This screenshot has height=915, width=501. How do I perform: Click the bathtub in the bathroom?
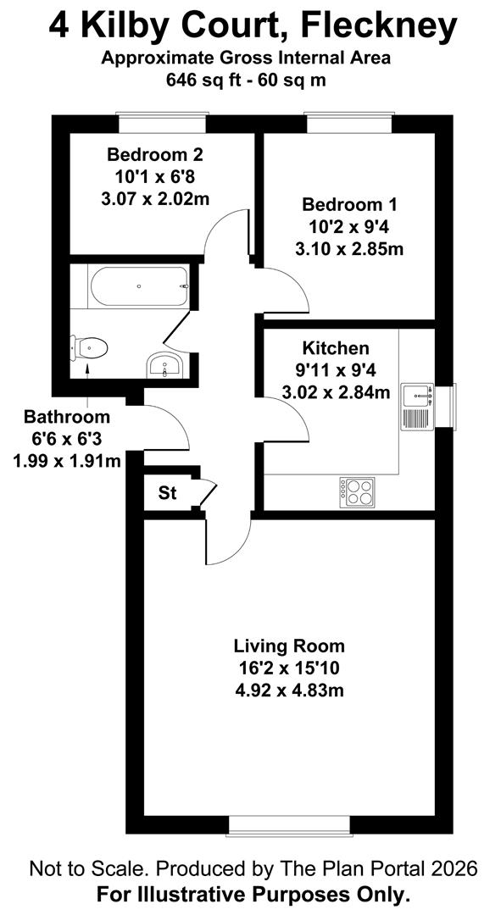(140, 286)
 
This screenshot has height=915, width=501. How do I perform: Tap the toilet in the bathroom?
(89, 348)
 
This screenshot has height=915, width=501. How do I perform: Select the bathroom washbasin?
(166, 365)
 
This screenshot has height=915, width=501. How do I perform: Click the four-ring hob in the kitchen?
(358, 491)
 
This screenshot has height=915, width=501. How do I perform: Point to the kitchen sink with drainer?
(416, 407)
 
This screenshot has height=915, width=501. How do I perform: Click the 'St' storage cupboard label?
(168, 494)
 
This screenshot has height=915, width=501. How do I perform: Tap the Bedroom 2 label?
(155, 155)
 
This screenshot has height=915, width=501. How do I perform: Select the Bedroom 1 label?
(349, 205)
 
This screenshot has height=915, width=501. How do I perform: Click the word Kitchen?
(336, 348)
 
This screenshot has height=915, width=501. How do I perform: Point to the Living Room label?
(289, 646)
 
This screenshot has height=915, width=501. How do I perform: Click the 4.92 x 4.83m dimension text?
(289, 691)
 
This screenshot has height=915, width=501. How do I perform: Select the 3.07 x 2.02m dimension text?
(155, 199)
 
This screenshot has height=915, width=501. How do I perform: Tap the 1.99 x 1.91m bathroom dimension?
(67, 462)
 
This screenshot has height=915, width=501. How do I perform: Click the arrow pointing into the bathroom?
(87, 385)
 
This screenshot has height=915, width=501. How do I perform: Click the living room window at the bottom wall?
(289, 826)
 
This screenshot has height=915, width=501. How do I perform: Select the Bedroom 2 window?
(162, 123)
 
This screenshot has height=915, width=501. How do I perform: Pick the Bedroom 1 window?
(349, 123)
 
